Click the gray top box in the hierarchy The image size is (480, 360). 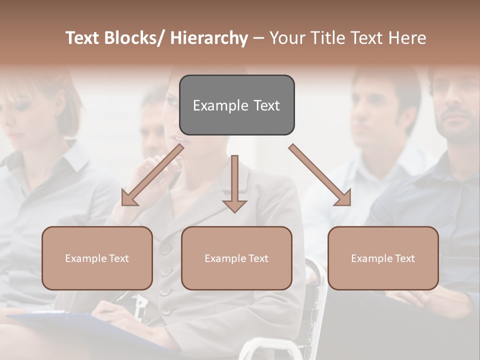236,105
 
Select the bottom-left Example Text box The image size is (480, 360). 97,258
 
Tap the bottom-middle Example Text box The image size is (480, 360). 236,258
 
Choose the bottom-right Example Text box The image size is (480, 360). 383,258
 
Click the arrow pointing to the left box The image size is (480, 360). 152,174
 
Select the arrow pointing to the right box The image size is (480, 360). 320,174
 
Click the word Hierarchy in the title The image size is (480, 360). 209,38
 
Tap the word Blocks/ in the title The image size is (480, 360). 134,38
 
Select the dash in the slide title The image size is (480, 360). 258,38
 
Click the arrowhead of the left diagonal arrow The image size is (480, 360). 128,199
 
